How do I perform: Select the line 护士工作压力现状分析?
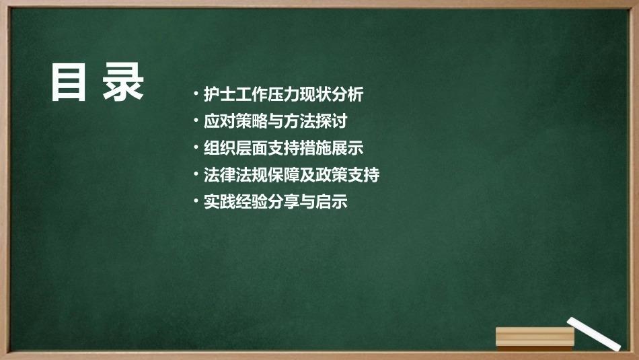283,95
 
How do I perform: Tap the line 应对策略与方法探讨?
275,122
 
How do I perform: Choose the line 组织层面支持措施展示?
283,149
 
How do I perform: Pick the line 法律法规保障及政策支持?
291,176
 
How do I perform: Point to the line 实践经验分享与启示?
275,202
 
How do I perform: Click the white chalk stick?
593,333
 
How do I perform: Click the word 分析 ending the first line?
347,95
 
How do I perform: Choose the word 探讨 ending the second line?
331,122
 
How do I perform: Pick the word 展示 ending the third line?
347,149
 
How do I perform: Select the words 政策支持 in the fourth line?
347,176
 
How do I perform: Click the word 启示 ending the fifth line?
331,202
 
